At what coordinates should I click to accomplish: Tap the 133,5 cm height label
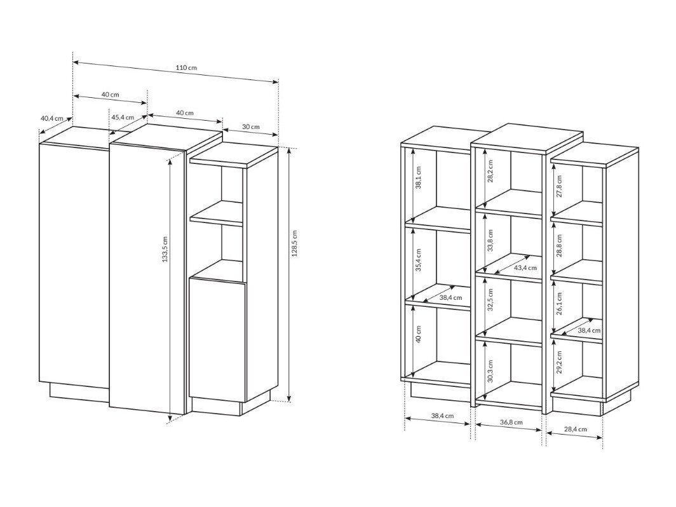165,249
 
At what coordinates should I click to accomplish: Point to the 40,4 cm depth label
52,118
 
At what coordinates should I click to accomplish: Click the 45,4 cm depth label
123,118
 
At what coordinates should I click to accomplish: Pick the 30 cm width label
251,126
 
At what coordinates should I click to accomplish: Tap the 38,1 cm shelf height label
418,178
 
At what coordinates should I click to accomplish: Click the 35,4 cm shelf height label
418,259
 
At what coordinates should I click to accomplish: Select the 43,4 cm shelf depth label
525,267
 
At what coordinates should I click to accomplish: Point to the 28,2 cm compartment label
490,171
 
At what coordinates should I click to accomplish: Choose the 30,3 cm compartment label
490,370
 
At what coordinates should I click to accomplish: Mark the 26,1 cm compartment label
560,304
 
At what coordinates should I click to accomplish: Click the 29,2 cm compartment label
560,362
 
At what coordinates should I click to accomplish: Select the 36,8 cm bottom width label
511,422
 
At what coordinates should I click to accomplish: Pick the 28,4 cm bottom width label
574,429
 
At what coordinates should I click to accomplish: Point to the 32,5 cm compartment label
490,306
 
